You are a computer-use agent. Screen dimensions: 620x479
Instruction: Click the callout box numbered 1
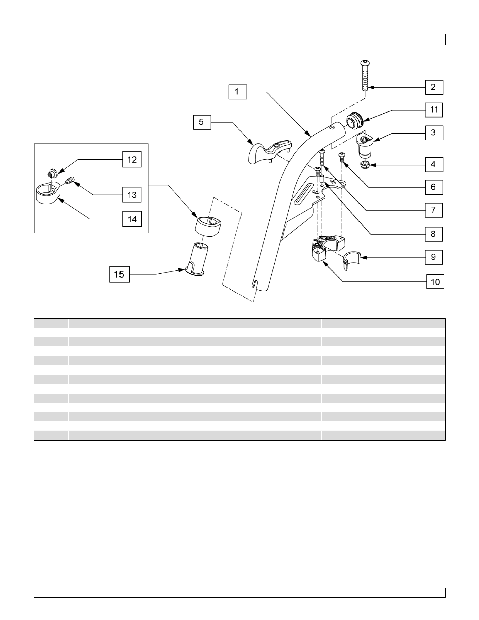(x=237, y=92)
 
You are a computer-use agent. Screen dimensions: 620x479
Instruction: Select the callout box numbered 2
(x=433, y=87)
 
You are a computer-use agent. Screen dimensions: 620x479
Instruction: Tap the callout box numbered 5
(x=202, y=122)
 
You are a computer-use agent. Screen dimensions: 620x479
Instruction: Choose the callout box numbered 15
(x=119, y=274)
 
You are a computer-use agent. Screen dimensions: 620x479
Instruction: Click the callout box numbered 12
(x=132, y=160)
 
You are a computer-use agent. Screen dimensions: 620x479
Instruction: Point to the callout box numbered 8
(x=433, y=234)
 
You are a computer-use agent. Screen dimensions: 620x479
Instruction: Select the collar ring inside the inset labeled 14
(x=48, y=193)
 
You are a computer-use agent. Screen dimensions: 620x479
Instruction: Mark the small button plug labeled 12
(x=51, y=174)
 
